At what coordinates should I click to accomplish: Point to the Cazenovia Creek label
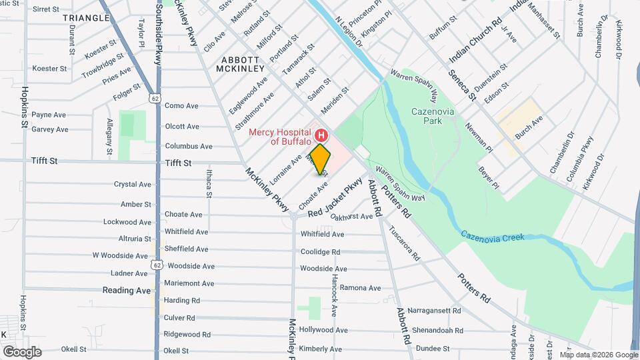click(x=492, y=235)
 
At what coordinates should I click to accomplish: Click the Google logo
click(x=22, y=351)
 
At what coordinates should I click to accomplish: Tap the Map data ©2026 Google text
click(x=599, y=354)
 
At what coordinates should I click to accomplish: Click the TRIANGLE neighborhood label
click(x=86, y=18)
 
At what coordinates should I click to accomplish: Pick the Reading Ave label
click(x=126, y=291)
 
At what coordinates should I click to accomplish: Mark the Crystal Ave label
click(x=133, y=184)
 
